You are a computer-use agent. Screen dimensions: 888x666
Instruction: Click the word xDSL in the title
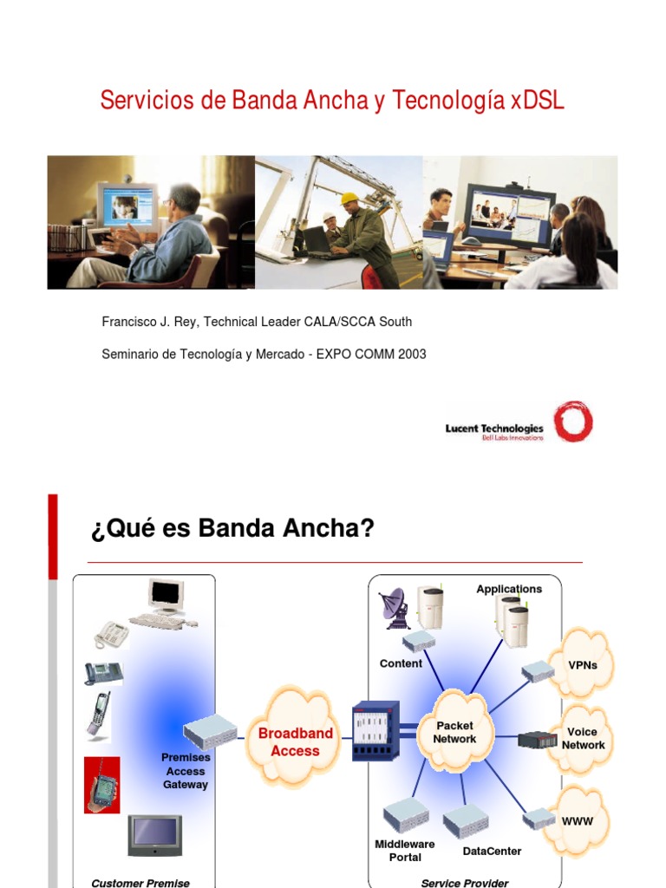[538, 101]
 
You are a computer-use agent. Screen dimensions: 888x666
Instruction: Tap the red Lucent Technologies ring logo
[574, 421]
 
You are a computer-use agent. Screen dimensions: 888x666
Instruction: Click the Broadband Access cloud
[295, 742]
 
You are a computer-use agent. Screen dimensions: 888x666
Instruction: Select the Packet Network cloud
[454, 733]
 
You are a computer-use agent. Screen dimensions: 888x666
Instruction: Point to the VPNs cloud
[581, 665]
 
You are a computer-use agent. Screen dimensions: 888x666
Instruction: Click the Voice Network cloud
[583, 739]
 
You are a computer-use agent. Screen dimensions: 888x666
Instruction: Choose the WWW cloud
[578, 819]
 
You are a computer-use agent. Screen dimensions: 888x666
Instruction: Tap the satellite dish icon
[394, 608]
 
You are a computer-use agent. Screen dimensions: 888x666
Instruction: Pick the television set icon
[154, 834]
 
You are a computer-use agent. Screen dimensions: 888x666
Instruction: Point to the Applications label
[509, 589]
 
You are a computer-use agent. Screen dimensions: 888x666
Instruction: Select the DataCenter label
[492, 852]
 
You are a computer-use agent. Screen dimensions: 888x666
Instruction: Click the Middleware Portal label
[405, 851]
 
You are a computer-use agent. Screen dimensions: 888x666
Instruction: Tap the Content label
[401, 663]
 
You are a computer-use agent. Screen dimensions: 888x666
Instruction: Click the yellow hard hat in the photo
[349, 198]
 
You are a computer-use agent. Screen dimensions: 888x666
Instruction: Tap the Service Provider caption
[464, 883]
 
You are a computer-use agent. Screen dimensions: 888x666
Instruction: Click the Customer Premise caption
[140, 883]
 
